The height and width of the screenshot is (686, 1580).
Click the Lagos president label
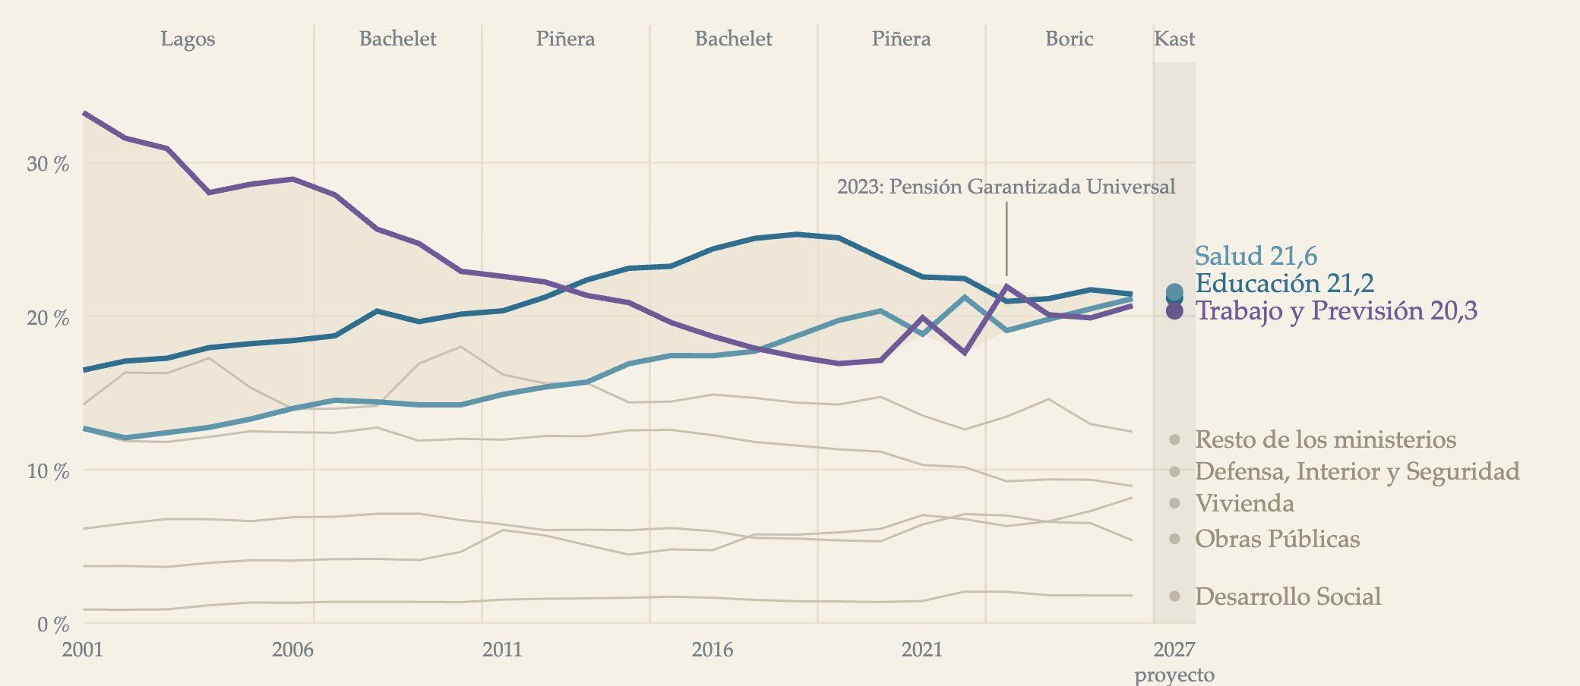[188, 39]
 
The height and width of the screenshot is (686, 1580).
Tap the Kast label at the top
[1174, 39]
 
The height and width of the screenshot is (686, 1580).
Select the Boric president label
[1069, 39]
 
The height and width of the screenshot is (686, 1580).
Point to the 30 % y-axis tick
[48, 164]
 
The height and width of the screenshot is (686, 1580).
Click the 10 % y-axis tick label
[48, 471]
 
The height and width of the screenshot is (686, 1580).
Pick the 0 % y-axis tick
[53, 625]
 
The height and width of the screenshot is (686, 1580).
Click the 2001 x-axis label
[83, 650]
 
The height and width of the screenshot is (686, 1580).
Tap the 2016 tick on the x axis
[713, 650]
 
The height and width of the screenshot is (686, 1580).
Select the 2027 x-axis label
[1174, 650]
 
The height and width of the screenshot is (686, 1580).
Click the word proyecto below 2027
[1174, 675]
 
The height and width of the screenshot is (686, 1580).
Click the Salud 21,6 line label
[1256, 256]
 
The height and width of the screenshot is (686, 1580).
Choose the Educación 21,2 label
[1285, 283]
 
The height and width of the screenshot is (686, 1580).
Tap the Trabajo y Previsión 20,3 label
[1336, 310]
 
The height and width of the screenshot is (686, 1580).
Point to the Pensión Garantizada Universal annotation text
[1006, 187]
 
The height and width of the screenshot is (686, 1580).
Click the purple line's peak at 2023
[1006, 286]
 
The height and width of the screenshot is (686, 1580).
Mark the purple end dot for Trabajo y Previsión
[1174, 310]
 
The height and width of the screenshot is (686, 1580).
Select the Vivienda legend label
[1244, 503]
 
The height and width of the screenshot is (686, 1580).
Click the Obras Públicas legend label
[1277, 539]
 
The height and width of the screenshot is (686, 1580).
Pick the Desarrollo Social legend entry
[1288, 596]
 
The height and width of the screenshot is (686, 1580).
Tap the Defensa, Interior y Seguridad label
[1357, 471]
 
